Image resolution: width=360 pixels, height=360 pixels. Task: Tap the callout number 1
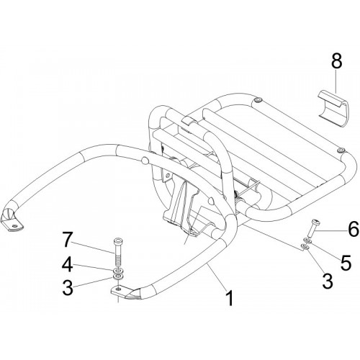click(x=230, y=297)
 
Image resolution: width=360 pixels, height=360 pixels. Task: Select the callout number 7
click(x=68, y=239)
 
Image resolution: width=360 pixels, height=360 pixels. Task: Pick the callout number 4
click(x=68, y=264)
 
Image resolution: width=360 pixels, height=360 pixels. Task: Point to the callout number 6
click(x=354, y=229)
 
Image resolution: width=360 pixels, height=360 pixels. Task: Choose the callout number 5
click(x=346, y=262)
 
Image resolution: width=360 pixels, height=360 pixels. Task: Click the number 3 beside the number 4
click(x=68, y=287)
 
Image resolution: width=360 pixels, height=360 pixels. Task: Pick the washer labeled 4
click(x=119, y=271)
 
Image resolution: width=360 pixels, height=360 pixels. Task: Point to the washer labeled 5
click(x=307, y=240)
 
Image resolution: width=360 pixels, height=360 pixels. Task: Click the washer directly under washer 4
click(x=118, y=276)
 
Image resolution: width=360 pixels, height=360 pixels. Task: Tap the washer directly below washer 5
click(x=305, y=246)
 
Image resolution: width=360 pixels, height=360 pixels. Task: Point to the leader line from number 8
click(x=337, y=83)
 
